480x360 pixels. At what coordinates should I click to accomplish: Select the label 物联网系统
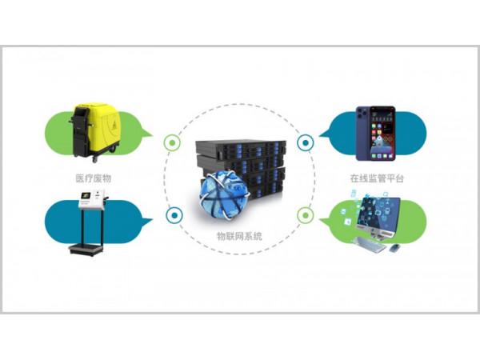pyautogui.click(x=239, y=236)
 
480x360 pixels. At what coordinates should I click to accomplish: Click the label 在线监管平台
pyautogui.click(x=376, y=178)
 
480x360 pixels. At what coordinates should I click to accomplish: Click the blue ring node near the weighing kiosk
pyautogui.click(x=170, y=214)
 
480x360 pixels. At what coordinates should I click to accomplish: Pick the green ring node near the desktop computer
pyautogui.click(x=305, y=214)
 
